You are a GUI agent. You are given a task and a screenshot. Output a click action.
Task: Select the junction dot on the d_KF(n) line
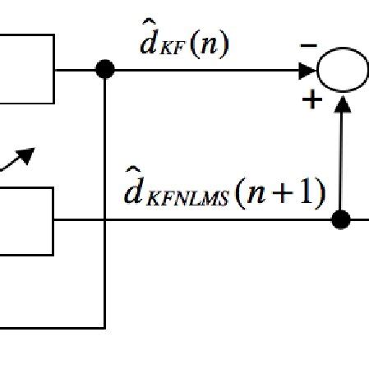click(105, 71)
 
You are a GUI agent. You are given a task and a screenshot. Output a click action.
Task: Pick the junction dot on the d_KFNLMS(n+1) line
click(341, 219)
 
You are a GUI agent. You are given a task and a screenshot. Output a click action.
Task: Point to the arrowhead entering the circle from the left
click(310, 71)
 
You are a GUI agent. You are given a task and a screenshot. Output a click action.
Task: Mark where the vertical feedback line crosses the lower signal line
click(105, 219)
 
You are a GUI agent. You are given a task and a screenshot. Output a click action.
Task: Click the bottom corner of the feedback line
click(105, 327)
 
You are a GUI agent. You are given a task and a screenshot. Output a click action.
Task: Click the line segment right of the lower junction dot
click(358, 219)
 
